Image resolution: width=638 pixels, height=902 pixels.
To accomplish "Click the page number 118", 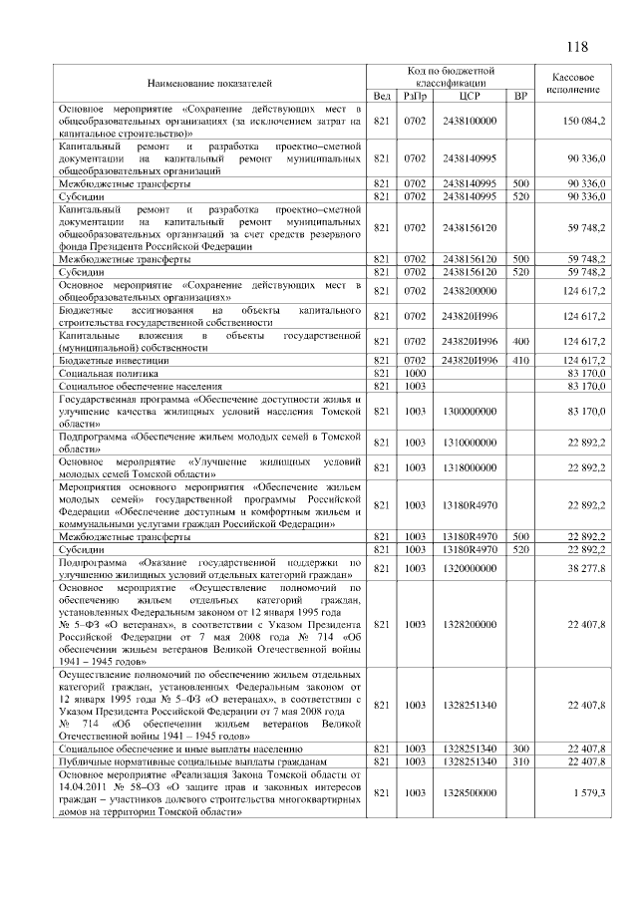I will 577,48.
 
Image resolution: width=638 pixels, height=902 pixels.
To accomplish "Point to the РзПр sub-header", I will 415,96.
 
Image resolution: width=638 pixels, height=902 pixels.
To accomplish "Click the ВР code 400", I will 519,341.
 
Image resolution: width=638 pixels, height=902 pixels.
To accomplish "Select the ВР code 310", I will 519,761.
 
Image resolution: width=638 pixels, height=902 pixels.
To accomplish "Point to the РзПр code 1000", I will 415,372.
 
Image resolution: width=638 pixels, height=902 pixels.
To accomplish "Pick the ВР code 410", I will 519,360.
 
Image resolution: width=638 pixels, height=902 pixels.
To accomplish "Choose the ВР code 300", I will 519,749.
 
